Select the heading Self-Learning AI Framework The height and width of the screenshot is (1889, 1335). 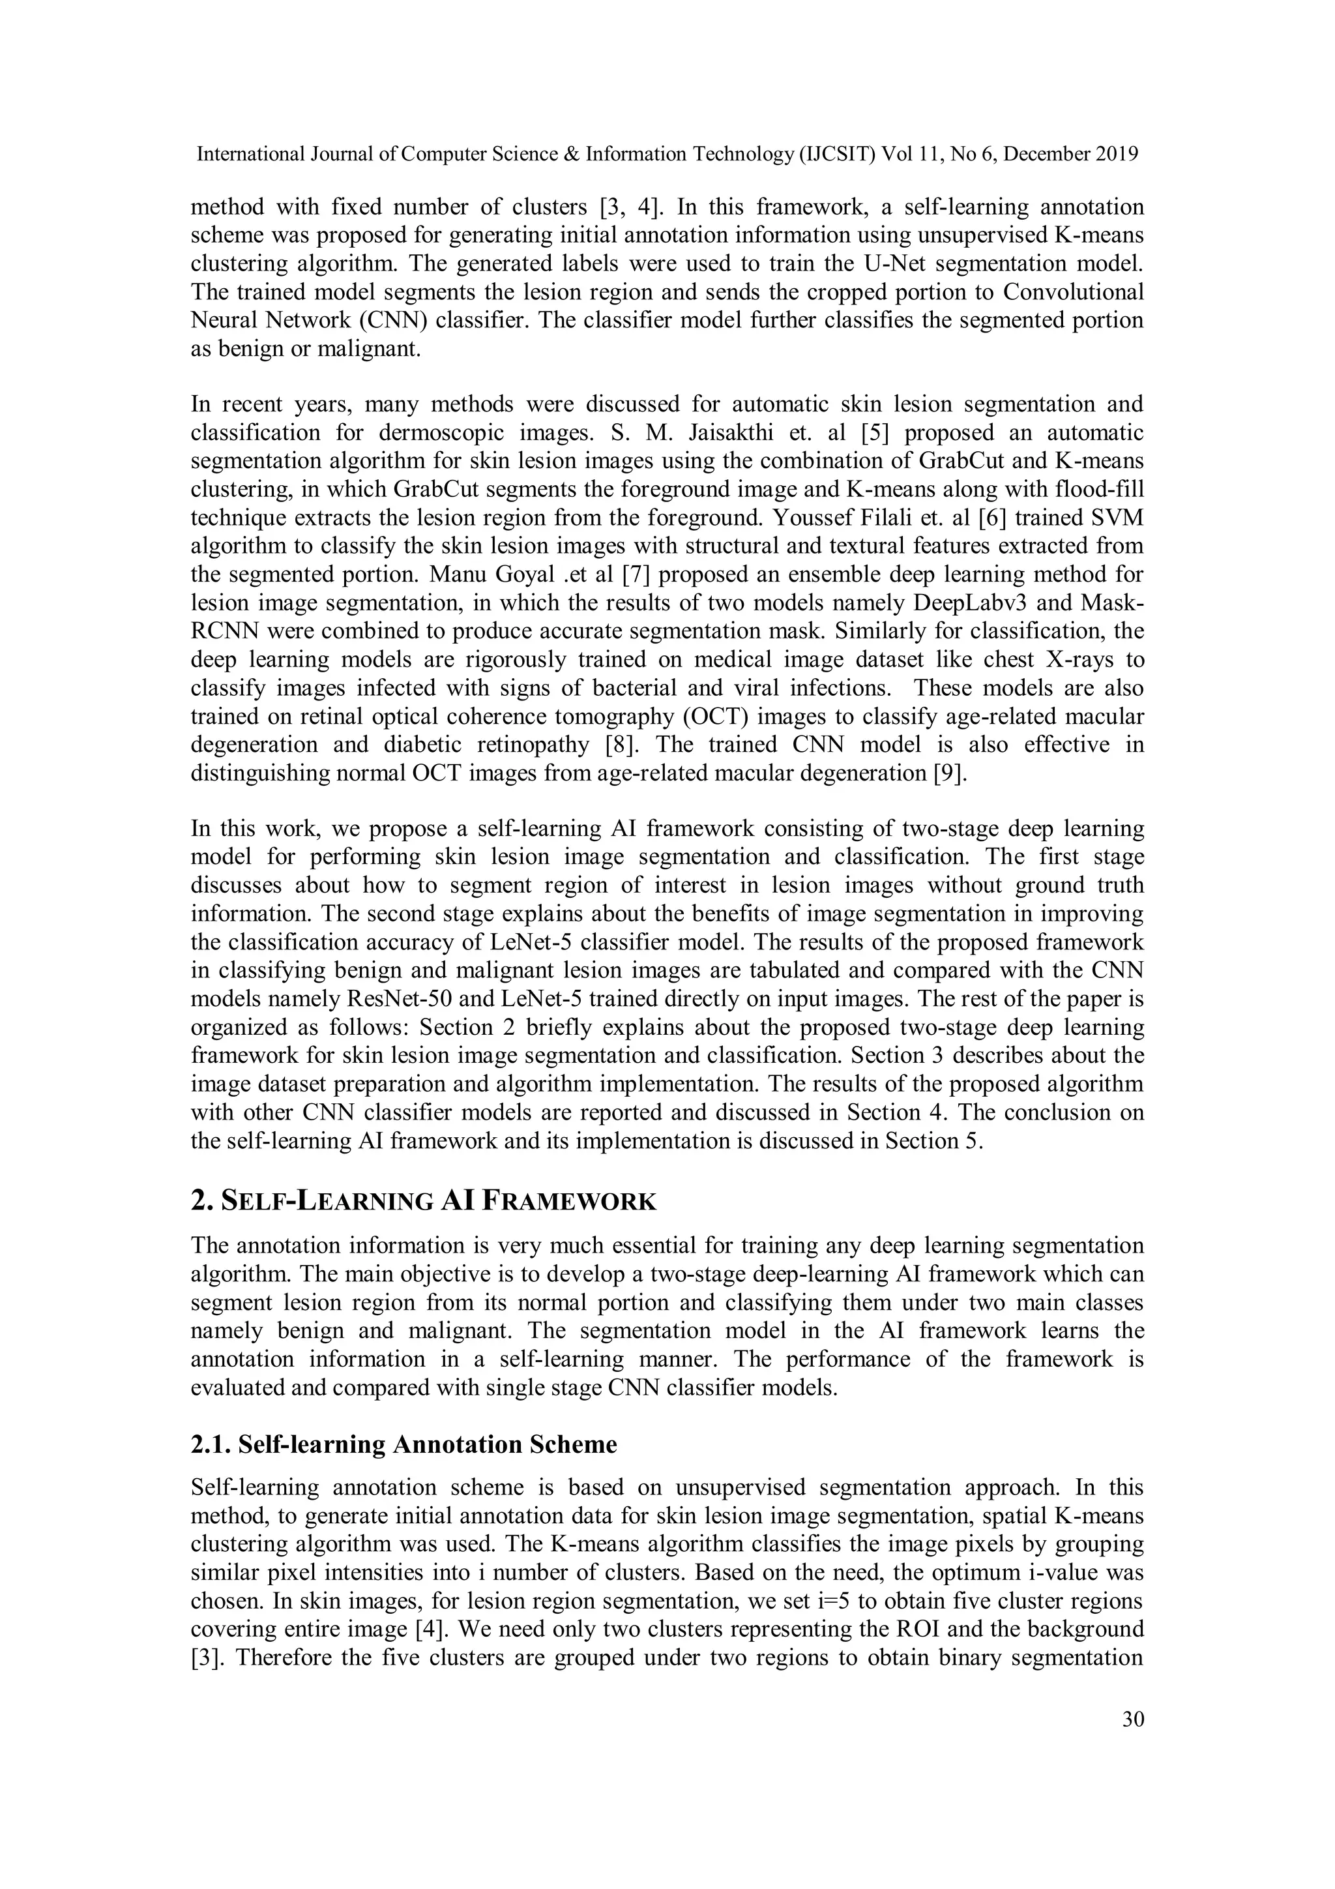pyautogui.click(x=423, y=1201)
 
